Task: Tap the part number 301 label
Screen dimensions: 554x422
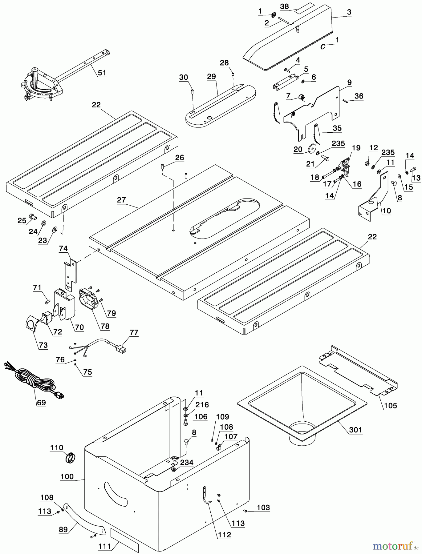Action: [x=355, y=429]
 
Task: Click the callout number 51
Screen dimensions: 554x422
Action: [x=102, y=73]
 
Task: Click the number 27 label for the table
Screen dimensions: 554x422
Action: [x=121, y=200]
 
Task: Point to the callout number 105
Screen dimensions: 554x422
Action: [x=390, y=406]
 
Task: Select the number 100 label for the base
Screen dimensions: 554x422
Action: [x=67, y=477]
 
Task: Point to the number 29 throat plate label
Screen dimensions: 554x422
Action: [x=211, y=77]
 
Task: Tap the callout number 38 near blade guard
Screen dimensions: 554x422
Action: [x=284, y=6]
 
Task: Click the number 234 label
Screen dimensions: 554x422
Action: [x=187, y=462]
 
